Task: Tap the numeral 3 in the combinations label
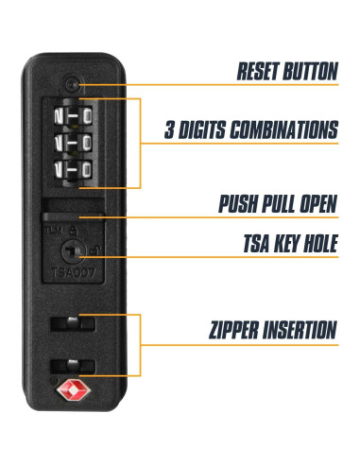click(x=170, y=129)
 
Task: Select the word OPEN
click(x=314, y=204)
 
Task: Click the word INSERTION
click(x=301, y=331)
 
